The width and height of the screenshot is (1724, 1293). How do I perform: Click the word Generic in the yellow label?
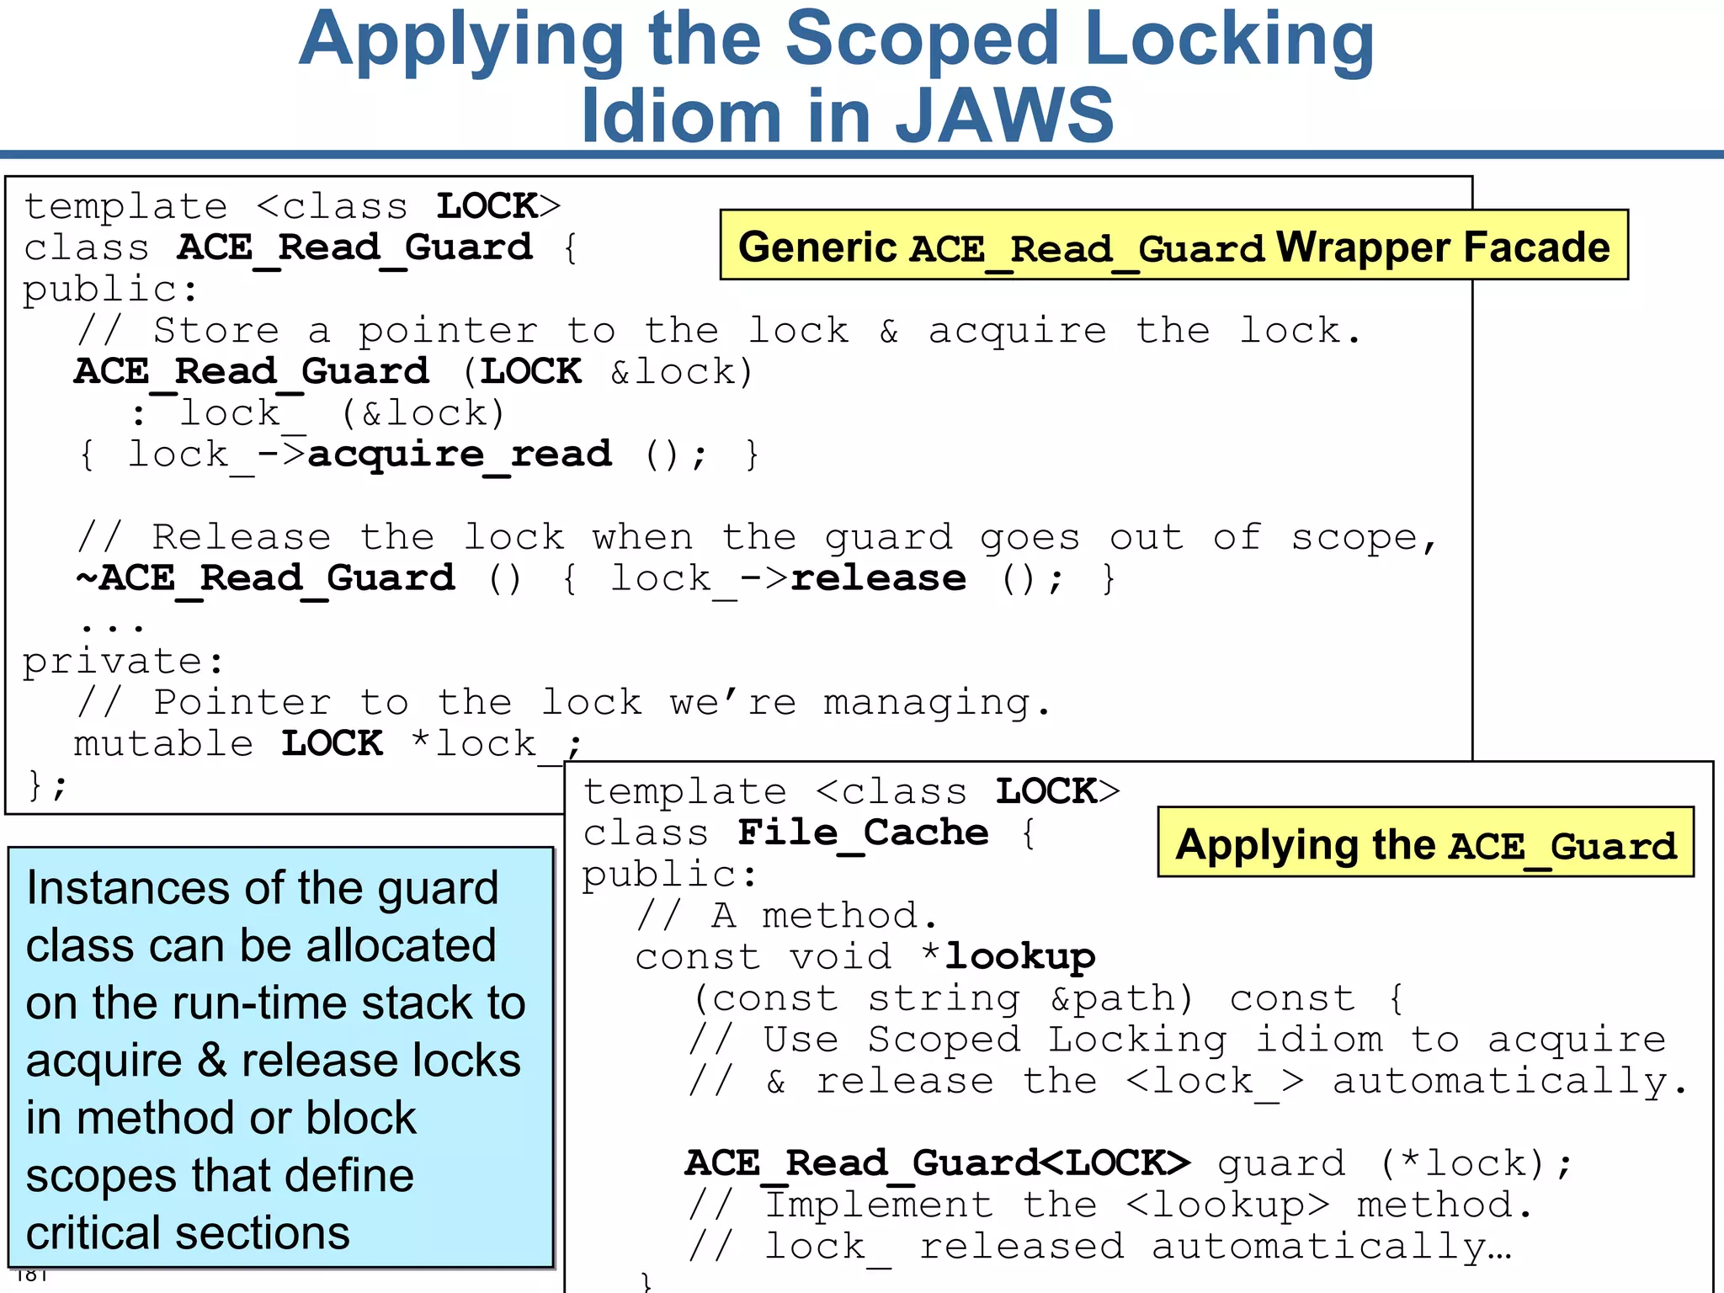[x=817, y=247]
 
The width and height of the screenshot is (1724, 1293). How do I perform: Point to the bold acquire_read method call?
[x=460, y=455]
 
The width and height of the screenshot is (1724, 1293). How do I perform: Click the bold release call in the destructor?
[x=878, y=578]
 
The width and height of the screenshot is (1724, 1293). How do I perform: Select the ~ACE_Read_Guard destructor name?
[x=265, y=578]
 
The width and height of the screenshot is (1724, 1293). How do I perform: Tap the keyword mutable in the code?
[x=163, y=744]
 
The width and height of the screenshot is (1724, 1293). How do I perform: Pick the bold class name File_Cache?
[x=863, y=833]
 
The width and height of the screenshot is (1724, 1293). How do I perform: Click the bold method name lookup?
[x=1019, y=956]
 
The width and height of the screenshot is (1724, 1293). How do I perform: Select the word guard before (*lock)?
[x=1280, y=1163]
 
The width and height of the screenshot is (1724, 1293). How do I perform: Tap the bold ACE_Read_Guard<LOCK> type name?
[x=938, y=1163]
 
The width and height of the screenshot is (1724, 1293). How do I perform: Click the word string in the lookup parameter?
[x=944, y=998]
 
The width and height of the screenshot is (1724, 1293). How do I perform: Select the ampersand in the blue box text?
[x=211, y=1061]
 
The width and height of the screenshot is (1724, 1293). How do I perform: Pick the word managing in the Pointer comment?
[x=926, y=704]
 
